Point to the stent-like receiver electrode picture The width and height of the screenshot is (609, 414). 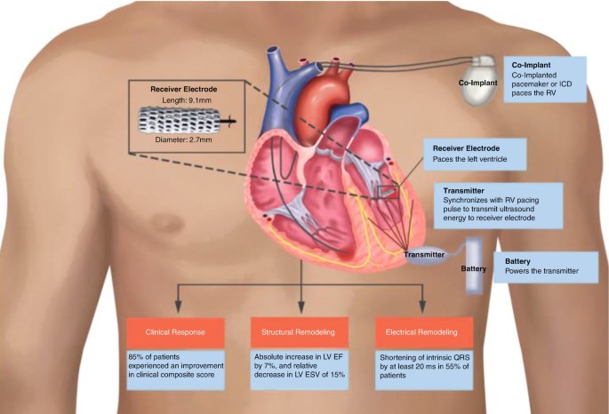click(x=181, y=119)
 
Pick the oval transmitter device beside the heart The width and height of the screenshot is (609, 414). click(x=421, y=255)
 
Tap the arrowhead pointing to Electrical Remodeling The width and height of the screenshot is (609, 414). click(x=422, y=313)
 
